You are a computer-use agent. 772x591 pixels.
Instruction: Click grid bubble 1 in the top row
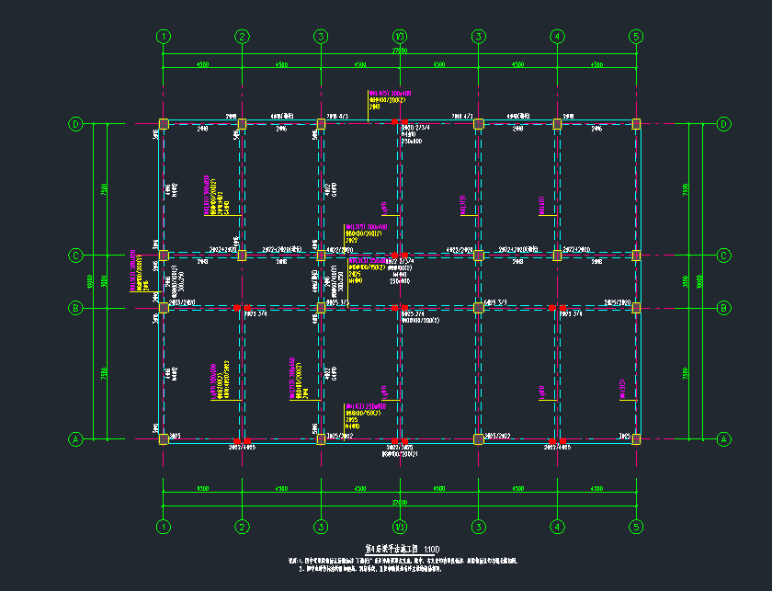pos(164,37)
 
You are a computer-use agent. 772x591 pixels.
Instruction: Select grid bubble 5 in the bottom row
pos(636,527)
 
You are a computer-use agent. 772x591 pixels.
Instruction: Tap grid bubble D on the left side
pos(76,124)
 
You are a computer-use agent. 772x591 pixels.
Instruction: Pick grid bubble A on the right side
pos(723,439)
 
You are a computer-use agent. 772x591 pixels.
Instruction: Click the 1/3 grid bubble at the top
pos(400,37)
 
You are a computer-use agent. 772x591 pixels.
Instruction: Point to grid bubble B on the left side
pos(76,307)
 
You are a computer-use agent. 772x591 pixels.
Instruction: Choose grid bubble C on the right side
pos(723,255)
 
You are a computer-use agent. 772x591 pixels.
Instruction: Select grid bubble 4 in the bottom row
pos(557,527)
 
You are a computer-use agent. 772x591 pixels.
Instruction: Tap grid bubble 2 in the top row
pos(242,37)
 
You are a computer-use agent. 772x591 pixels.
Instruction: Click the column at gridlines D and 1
pos(164,124)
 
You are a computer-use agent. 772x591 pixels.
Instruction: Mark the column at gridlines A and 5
pos(636,439)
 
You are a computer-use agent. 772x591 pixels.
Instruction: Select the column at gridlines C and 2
pos(242,255)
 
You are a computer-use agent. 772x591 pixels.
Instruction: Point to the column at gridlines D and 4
pos(557,124)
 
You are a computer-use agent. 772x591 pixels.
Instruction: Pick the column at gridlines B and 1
pos(164,307)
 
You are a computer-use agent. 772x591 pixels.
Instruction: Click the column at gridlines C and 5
pos(636,255)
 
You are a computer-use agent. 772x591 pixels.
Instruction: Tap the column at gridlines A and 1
pos(164,439)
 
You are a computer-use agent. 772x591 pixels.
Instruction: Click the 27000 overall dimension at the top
pos(400,51)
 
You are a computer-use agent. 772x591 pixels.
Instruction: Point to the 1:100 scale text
pos(431,549)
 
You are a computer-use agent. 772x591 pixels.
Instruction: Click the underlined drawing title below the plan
pos(392,549)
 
